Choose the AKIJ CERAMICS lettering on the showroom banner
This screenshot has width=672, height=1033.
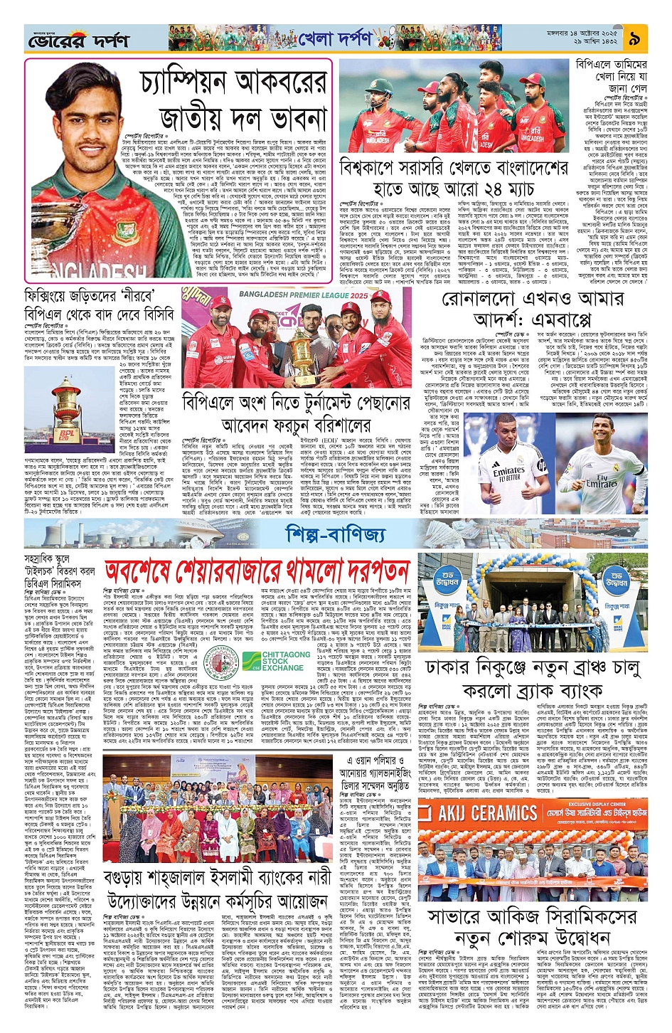tap(487, 812)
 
